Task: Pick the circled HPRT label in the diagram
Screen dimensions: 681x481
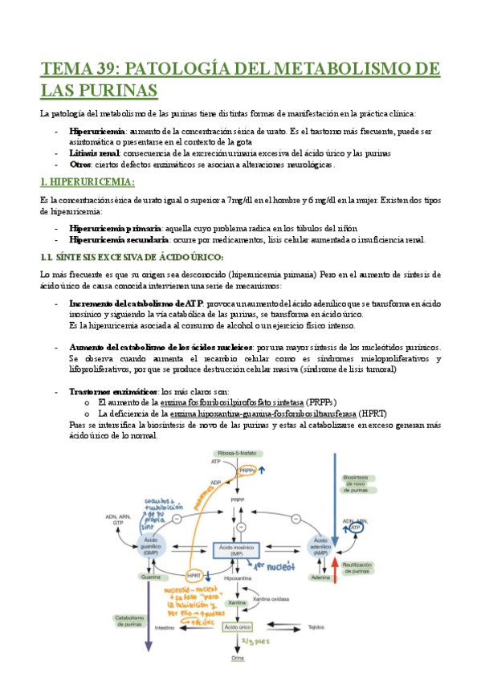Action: (194, 575)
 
